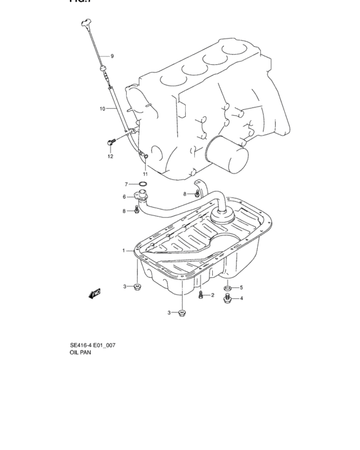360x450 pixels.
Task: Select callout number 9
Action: [111, 57]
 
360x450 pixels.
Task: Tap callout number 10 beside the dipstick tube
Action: [102, 109]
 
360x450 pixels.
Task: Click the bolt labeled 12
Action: [109, 141]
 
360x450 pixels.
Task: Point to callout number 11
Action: [145, 174]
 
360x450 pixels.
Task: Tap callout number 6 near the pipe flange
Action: [125, 197]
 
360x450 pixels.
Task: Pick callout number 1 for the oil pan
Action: [124, 250]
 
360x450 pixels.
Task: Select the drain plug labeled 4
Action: [227, 298]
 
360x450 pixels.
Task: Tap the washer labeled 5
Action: [227, 287]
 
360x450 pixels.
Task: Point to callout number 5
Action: [241, 287]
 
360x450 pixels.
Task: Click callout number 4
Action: [241, 298]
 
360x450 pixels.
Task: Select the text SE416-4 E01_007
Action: [92, 345]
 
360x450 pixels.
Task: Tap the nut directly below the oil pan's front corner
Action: [183, 312]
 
